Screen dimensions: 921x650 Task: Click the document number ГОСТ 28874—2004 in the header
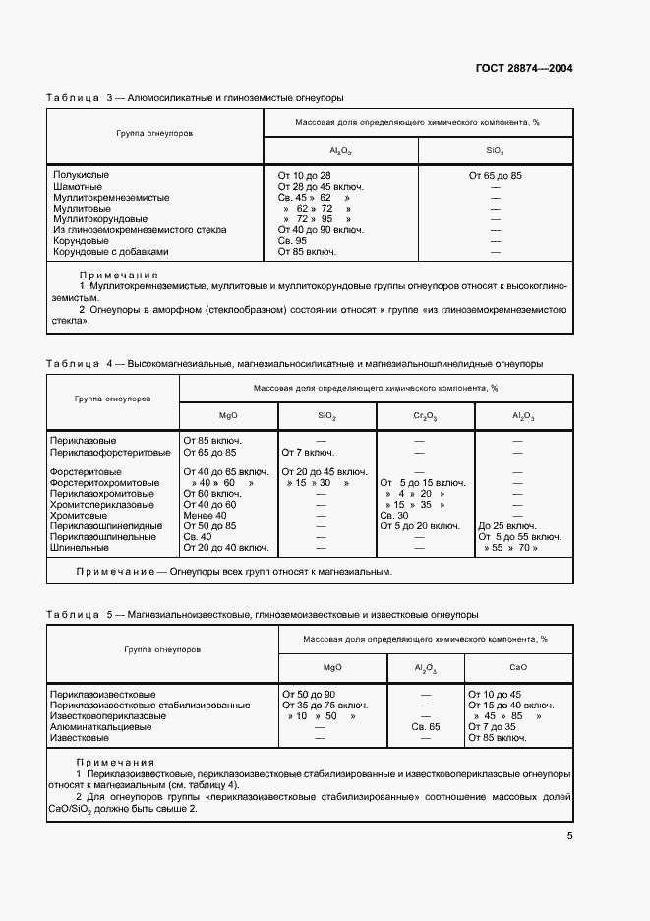point(525,69)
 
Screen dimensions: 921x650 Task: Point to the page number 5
point(570,836)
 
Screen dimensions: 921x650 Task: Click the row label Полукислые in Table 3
point(81,175)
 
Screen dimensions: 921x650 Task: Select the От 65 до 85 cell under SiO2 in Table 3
point(495,175)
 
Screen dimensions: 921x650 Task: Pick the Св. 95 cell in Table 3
point(292,240)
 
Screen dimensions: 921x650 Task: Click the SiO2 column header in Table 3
point(495,151)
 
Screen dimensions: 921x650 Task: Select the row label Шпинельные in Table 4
point(76,547)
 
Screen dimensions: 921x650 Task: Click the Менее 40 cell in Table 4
point(205,515)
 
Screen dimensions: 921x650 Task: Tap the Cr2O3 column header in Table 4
point(425,416)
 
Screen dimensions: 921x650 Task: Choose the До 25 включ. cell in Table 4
point(505,525)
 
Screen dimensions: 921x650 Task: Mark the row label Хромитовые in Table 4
point(79,515)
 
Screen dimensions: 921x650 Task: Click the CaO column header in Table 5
point(518,667)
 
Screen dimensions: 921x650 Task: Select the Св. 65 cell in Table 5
point(426,726)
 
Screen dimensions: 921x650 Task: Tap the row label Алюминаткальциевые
point(97,726)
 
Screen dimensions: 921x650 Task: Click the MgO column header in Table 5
point(332,667)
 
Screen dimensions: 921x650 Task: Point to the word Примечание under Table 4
point(111,571)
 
